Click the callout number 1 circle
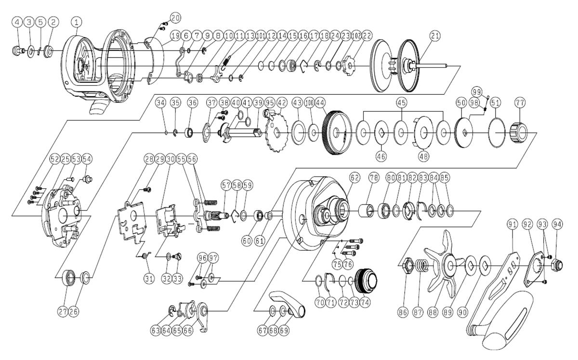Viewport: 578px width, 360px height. [77, 22]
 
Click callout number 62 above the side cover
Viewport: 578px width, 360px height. [355, 178]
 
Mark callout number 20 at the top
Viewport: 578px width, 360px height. [175, 18]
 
